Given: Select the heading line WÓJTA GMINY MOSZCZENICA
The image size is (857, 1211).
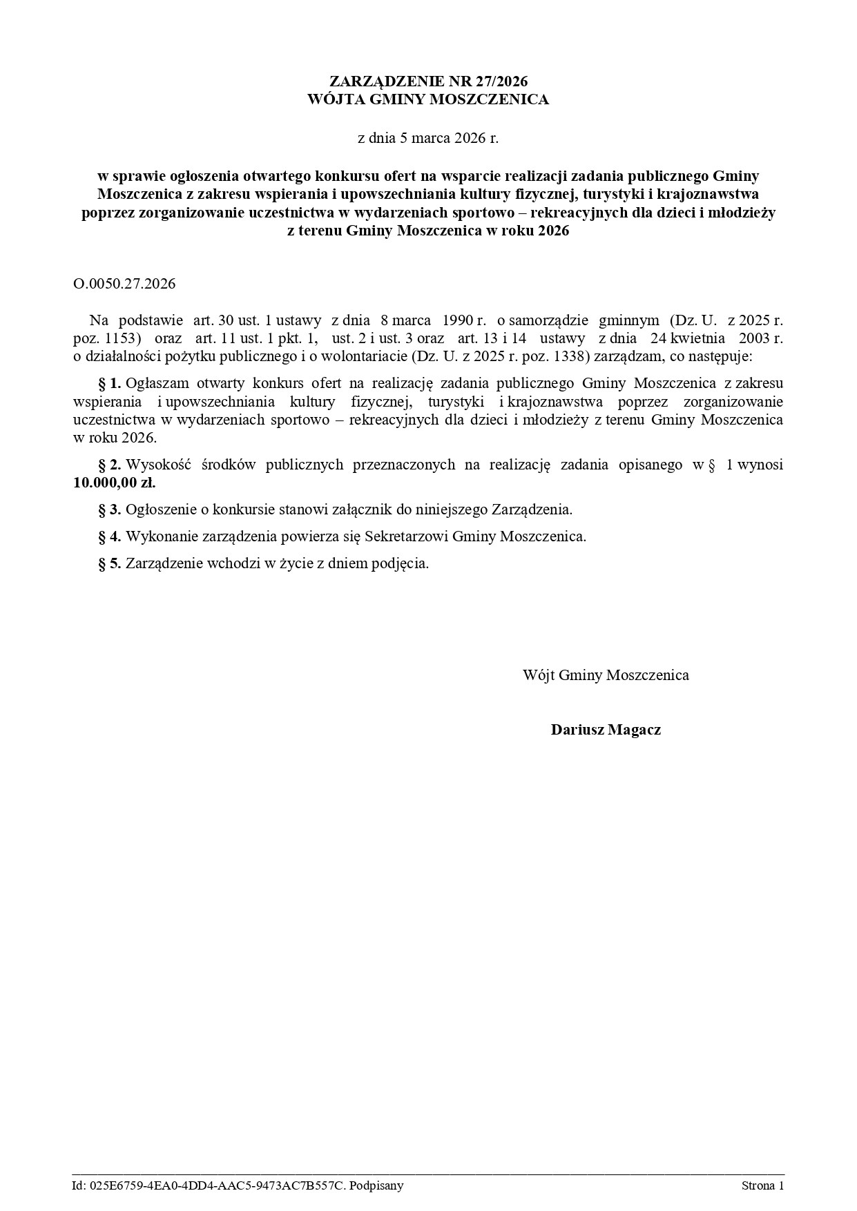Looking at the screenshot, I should coord(428,100).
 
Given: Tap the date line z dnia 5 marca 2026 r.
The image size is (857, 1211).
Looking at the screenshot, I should coord(428,138).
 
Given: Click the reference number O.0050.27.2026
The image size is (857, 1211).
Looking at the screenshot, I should coord(124,284).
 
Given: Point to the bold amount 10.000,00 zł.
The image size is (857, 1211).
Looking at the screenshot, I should coord(115,483).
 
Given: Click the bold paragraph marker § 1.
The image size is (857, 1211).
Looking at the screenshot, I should coord(110,383).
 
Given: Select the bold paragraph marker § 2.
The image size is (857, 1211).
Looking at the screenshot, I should coord(110,465).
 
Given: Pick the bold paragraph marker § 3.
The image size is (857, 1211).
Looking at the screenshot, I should coord(110,510).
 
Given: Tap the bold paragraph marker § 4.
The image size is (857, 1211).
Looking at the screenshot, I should coord(110,536).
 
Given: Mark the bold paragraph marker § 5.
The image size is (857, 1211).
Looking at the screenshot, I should coord(110,563).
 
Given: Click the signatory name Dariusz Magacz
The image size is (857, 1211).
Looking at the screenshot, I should coord(606,730).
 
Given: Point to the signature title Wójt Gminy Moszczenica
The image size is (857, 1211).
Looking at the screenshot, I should coord(606,675).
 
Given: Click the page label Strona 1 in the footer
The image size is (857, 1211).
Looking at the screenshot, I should coord(762,1186).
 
